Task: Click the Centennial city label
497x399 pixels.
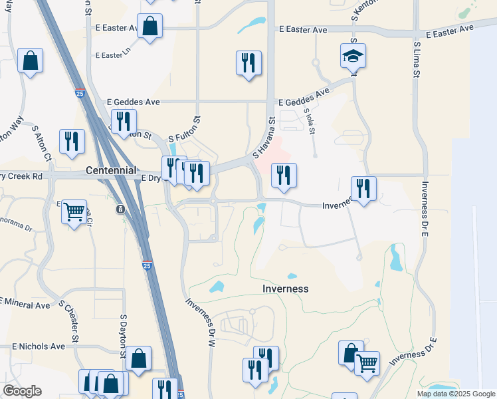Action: tap(111, 171)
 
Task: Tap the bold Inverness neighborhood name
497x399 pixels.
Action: tap(286, 289)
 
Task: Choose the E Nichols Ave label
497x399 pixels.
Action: tap(39, 346)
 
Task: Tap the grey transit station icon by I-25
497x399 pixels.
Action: tap(120, 209)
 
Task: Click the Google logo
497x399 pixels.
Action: tap(22, 391)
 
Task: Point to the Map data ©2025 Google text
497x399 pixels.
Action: tap(455, 394)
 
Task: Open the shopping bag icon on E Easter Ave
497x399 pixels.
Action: tap(150, 27)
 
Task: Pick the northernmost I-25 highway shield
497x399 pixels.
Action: tap(79, 94)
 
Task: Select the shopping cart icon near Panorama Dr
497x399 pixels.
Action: tap(74, 212)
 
